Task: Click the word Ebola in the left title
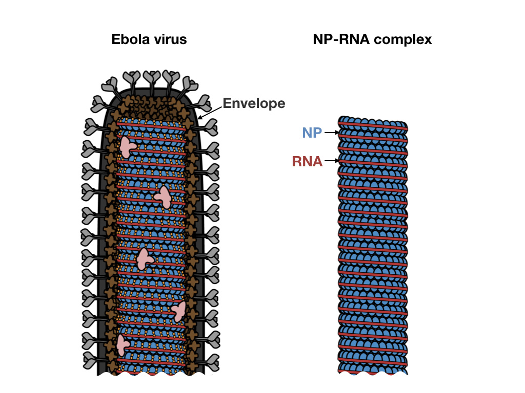point(127,39)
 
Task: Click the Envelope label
point(254,103)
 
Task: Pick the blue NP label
point(312,133)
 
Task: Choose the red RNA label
point(307,162)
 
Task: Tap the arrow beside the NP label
point(330,133)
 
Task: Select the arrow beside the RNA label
point(331,162)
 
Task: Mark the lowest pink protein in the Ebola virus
point(122,345)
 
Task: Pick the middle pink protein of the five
point(144,259)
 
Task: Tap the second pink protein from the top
point(164,196)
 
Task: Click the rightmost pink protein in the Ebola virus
point(179,311)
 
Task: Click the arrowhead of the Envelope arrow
point(199,118)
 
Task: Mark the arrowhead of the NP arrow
point(336,133)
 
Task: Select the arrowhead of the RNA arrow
point(336,162)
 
